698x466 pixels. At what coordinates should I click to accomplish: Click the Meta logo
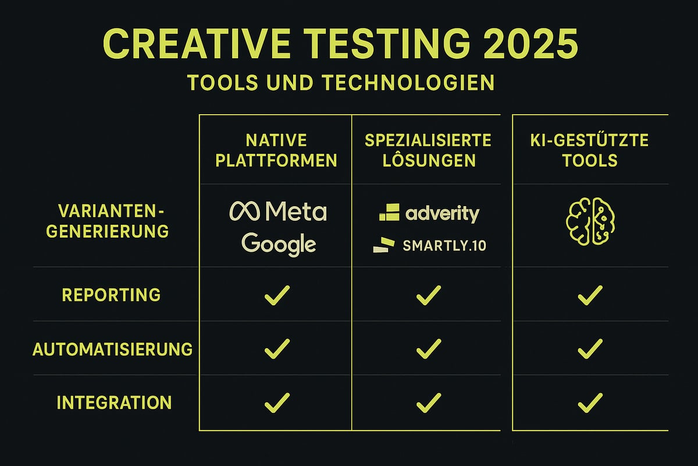click(278, 211)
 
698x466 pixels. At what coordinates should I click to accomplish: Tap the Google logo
click(279, 243)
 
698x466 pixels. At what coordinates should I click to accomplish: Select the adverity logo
click(429, 214)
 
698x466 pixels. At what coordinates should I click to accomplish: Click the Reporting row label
click(111, 295)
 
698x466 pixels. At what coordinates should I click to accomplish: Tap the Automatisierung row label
click(112, 349)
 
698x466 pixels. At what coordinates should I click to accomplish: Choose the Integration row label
click(114, 403)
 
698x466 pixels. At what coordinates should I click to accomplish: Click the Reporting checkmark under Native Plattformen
click(277, 296)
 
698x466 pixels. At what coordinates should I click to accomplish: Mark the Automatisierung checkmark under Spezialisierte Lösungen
click(429, 349)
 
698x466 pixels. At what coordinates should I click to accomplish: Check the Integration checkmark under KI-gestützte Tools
click(590, 402)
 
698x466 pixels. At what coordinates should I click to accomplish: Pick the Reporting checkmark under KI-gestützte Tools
click(590, 296)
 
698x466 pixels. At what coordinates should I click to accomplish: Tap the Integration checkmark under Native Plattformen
click(277, 402)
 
